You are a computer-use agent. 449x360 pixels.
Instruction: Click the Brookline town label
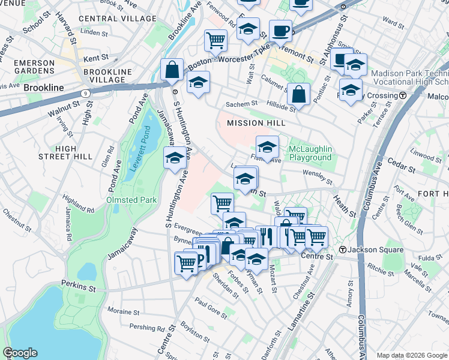point(43,88)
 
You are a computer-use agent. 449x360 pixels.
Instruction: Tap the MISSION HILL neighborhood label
point(253,123)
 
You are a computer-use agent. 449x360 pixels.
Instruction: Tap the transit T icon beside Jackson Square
point(342,249)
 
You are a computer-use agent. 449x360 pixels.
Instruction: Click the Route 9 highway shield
point(86,94)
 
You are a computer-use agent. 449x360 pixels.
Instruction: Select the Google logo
point(20,353)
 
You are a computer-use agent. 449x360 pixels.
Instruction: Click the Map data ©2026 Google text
point(412,355)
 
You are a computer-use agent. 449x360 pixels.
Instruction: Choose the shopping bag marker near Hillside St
point(298,94)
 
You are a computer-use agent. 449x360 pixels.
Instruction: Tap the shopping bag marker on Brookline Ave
point(172,69)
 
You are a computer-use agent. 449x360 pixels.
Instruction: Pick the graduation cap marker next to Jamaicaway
point(175,158)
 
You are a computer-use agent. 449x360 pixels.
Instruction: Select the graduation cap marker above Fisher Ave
point(267,146)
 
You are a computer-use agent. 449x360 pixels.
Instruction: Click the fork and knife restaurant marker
point(266,236)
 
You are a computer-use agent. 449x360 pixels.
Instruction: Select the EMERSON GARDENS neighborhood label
point(35,67)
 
